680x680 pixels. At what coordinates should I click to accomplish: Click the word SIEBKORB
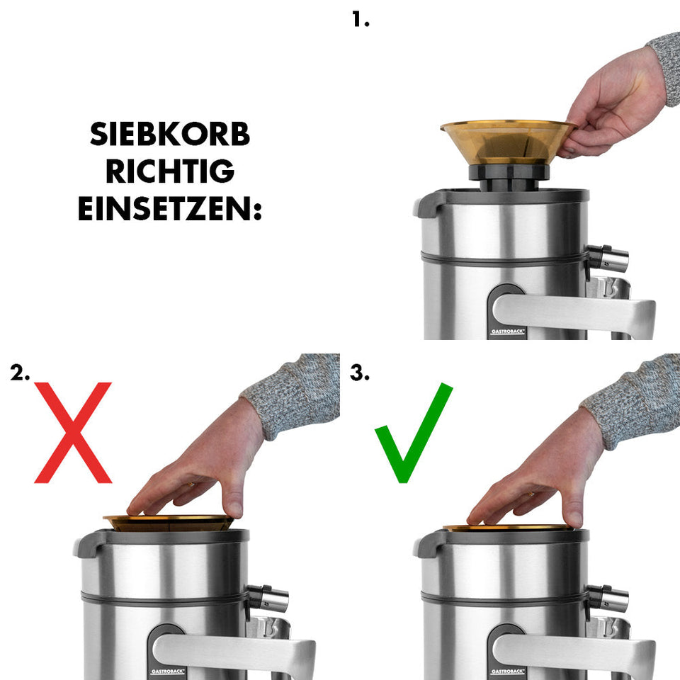point(170,134)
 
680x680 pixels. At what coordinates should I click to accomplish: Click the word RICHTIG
point(170,171)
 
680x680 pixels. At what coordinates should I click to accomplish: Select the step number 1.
point(361,19)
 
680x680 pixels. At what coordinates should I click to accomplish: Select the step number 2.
point(20,373)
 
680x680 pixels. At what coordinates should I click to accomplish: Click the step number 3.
point(360,373)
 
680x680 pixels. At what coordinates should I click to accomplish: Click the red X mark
point(73,432)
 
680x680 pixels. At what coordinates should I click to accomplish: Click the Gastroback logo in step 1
point(506,331)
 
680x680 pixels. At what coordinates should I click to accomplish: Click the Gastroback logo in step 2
point(166,670)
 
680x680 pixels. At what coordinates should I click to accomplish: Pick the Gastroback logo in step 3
point(506,670)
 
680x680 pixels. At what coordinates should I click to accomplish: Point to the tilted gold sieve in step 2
point(169,523)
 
